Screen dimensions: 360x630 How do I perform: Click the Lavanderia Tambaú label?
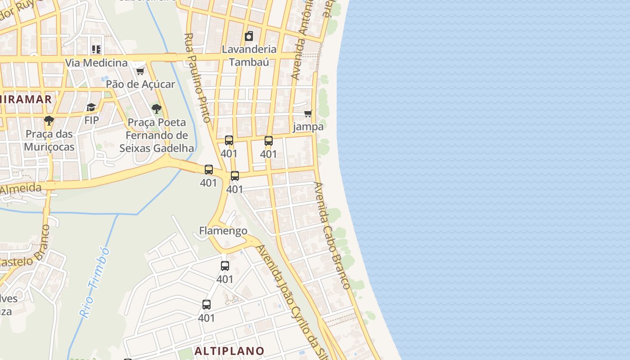249,55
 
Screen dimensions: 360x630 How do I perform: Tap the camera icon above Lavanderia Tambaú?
249,36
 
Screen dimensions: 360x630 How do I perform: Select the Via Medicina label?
96,63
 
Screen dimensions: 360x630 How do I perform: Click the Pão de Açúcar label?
140,84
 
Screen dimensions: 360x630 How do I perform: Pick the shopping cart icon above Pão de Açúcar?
140,71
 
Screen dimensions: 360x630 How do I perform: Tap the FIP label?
91,120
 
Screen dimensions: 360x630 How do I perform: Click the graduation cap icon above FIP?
91,107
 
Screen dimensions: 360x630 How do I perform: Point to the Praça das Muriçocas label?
49,140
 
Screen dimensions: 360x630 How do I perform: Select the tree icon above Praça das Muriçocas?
49,121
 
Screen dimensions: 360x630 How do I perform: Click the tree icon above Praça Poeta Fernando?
157,108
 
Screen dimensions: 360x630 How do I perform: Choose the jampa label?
308,126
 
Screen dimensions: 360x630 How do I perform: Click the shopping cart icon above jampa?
308,113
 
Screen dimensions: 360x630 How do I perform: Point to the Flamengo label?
223,231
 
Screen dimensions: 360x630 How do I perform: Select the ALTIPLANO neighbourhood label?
229,351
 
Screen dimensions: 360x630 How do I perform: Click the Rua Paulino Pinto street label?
198,77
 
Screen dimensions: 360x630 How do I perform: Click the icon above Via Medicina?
96,49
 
